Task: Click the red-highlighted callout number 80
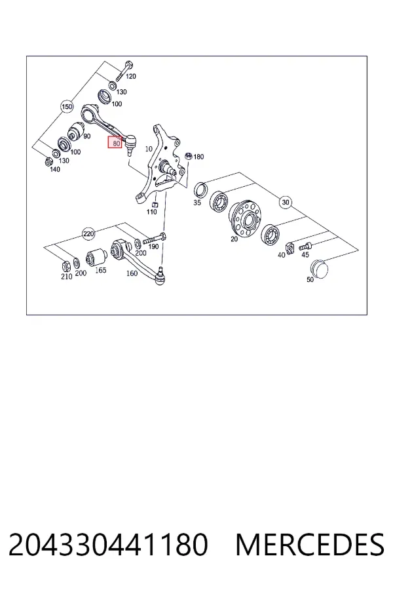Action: (x=115, y=142)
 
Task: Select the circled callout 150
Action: (x=67, y=107)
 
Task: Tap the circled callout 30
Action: (x=286, y=203)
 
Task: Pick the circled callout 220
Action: (x=88, y=234)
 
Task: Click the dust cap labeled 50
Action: (x=319, y=268)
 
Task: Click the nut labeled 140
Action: (x=48, y=162)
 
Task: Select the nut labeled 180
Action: (x=189, y=156)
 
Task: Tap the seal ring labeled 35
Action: (x=200, y=189)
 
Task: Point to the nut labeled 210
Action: (x=65, y=266)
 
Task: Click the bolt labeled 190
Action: (x=155, y=238)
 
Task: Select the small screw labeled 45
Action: (x=305, y=247)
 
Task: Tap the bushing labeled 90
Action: (x=77, y=130)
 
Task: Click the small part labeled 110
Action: (x=154, y=205)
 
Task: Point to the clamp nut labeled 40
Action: (x=290, y=248)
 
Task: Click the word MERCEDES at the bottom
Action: (x=310, y=544)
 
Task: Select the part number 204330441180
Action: (x=108, y=544)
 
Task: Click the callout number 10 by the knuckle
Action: (x=149, y=149)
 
